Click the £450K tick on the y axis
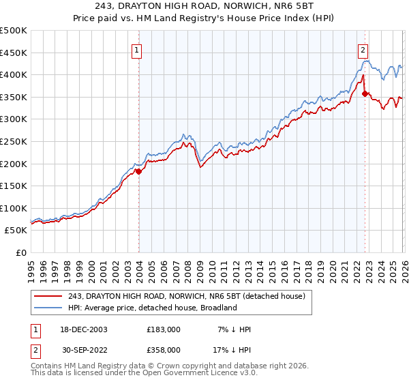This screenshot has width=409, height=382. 14,53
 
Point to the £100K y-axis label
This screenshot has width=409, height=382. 14,208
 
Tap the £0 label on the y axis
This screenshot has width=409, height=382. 20,252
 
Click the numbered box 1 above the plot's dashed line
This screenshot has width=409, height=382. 137,49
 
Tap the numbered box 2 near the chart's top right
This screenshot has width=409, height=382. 363,49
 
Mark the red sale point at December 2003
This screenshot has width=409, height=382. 138,171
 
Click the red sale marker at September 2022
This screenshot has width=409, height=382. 365,94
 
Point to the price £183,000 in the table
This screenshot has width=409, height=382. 163,329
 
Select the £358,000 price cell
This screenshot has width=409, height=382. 163,349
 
